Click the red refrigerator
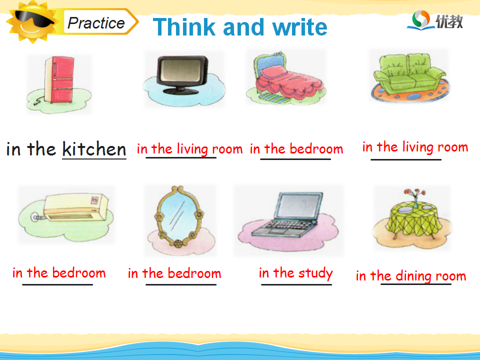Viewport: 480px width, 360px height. (x=59, y=79)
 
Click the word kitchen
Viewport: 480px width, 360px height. (x=94, y=149)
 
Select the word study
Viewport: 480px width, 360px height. (x=315, y=273)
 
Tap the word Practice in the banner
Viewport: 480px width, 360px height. (x=96, y=23)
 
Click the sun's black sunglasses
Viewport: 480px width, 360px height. (x=34, y=19)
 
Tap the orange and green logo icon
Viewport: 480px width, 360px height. (x=420, y=20)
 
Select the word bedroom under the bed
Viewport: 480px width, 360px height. (x=316, y=149)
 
